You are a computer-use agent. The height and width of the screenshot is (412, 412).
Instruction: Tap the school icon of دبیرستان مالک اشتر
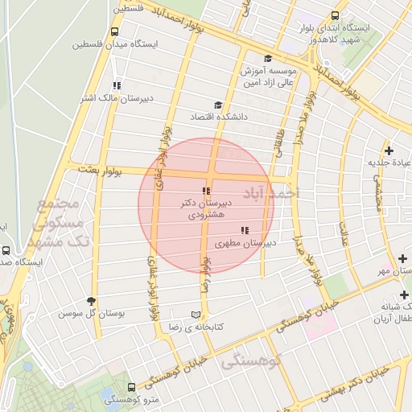[117, 85]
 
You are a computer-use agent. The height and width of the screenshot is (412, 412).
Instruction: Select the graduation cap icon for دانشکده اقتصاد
[217, 105]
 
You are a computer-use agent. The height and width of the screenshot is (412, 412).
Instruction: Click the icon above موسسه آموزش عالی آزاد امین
[268, 58]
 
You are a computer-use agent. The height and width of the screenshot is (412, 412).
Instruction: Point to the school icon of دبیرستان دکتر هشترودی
[207, 192]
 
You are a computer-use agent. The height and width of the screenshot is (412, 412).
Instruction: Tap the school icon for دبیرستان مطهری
[245, 230]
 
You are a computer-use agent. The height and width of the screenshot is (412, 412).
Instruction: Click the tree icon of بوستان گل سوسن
[91, 301]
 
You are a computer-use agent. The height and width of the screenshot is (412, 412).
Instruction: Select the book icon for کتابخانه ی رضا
[196, 315]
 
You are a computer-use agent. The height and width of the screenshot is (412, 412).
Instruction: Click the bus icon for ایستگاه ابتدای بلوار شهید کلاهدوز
[335, 15]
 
